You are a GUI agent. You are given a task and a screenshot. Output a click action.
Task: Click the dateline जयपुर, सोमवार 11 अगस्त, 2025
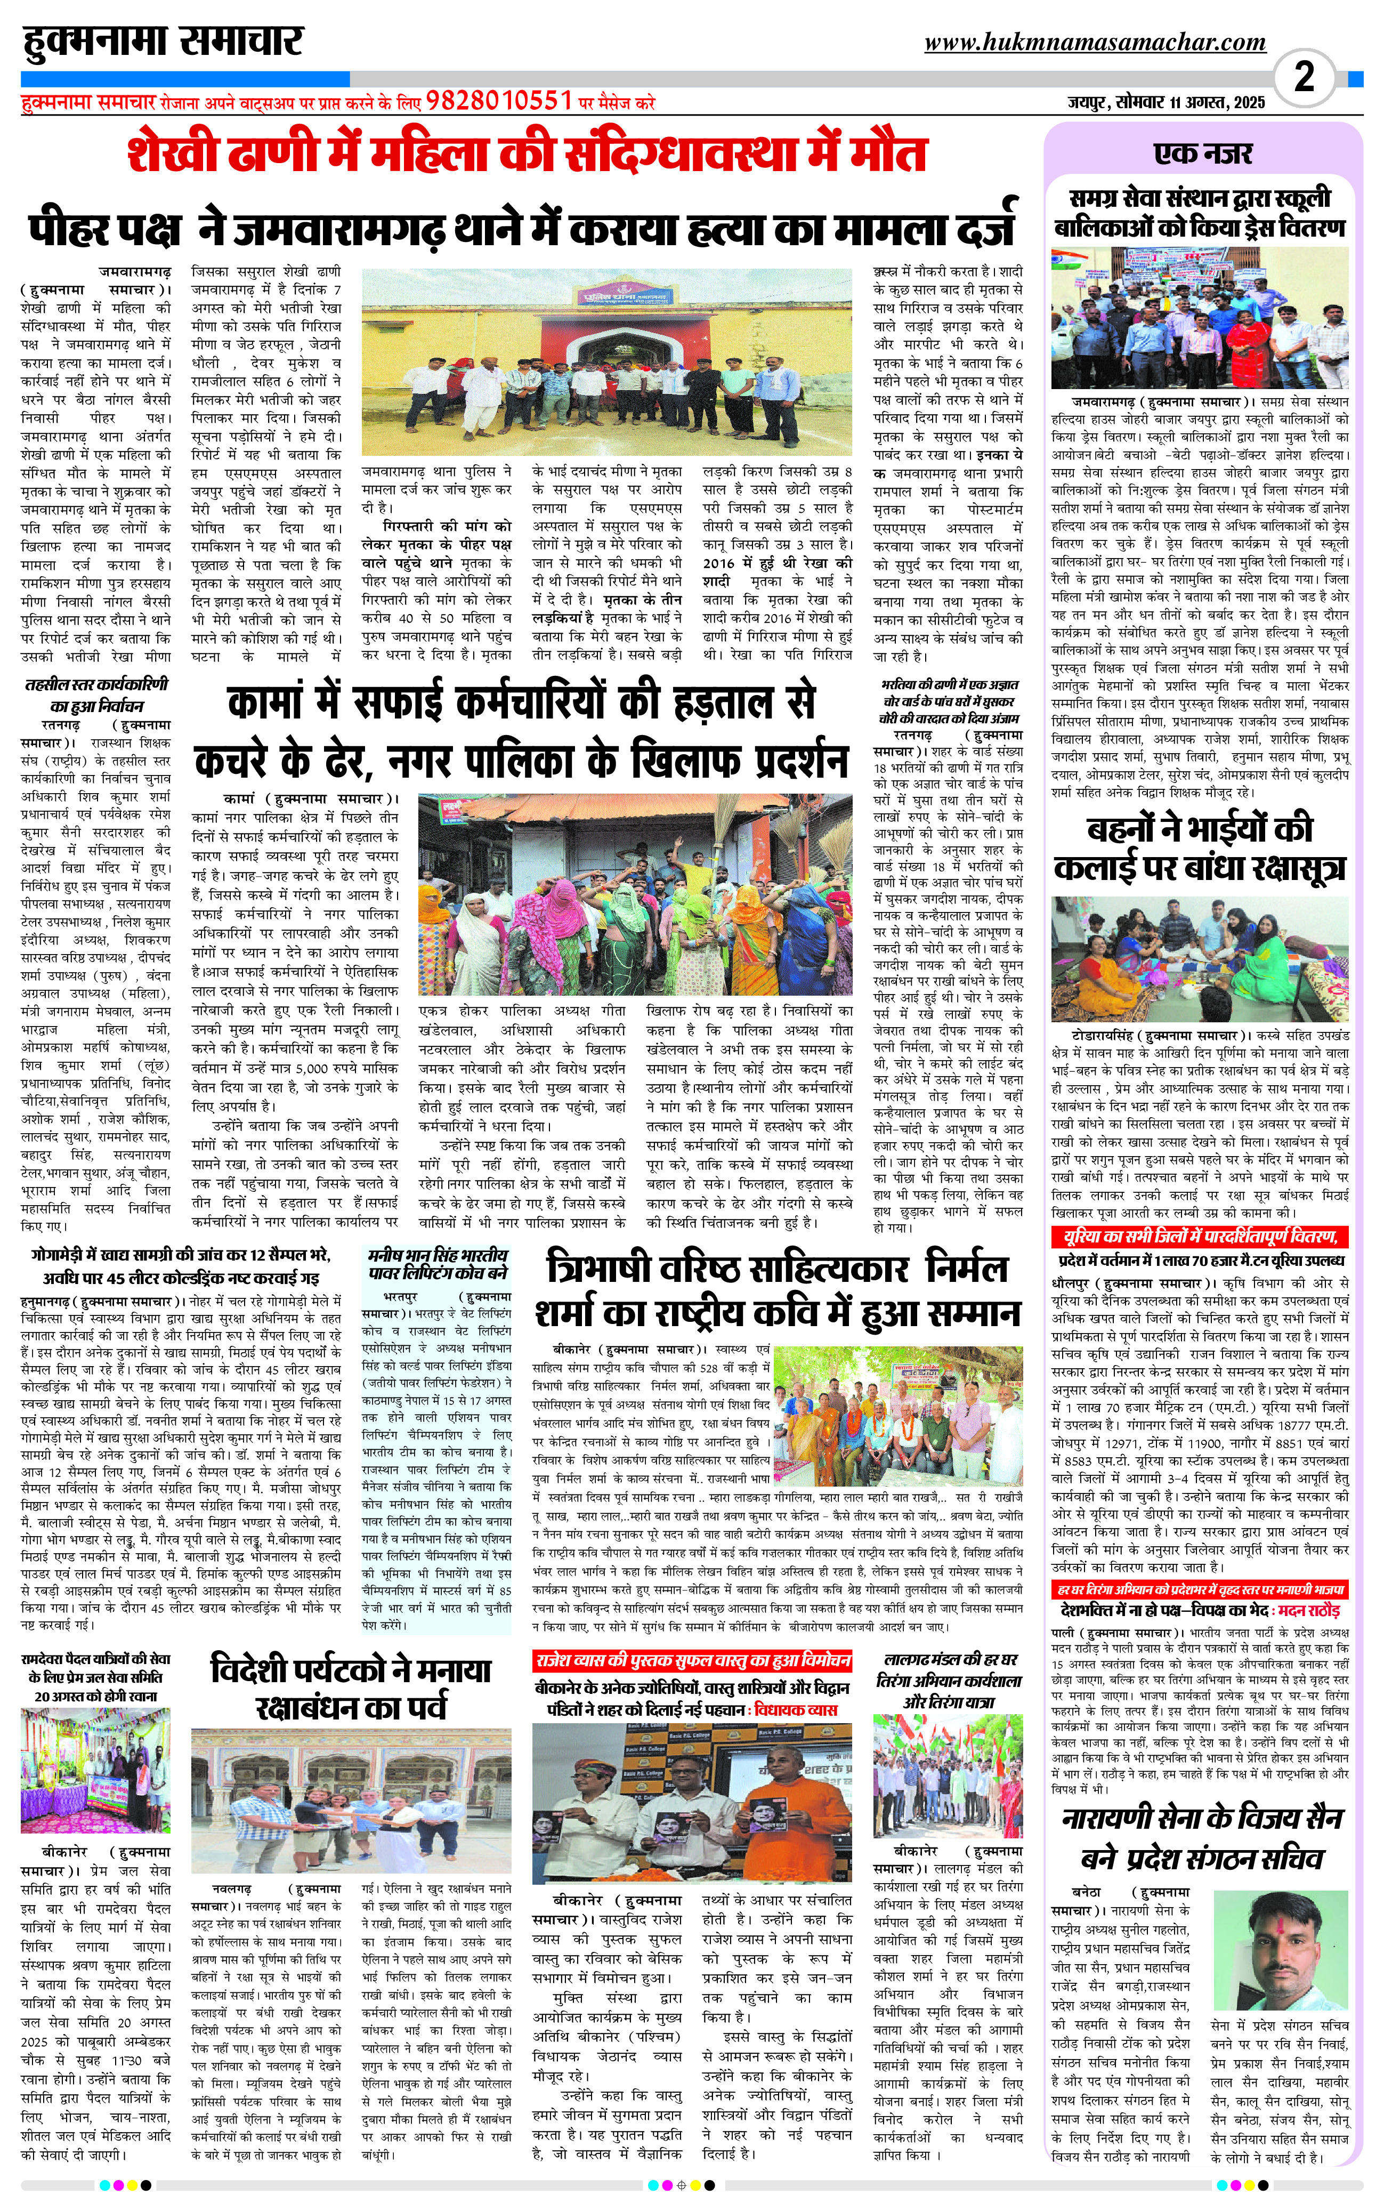[1166, 102]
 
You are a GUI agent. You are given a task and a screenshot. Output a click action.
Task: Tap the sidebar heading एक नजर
[1202, 154]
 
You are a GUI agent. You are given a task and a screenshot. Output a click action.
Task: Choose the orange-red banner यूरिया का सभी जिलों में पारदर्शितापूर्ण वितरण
[1201, 1237]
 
